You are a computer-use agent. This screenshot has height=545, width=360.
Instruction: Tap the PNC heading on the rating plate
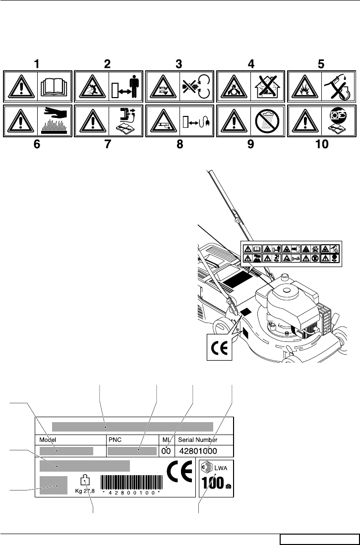(x=115, y=439)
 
